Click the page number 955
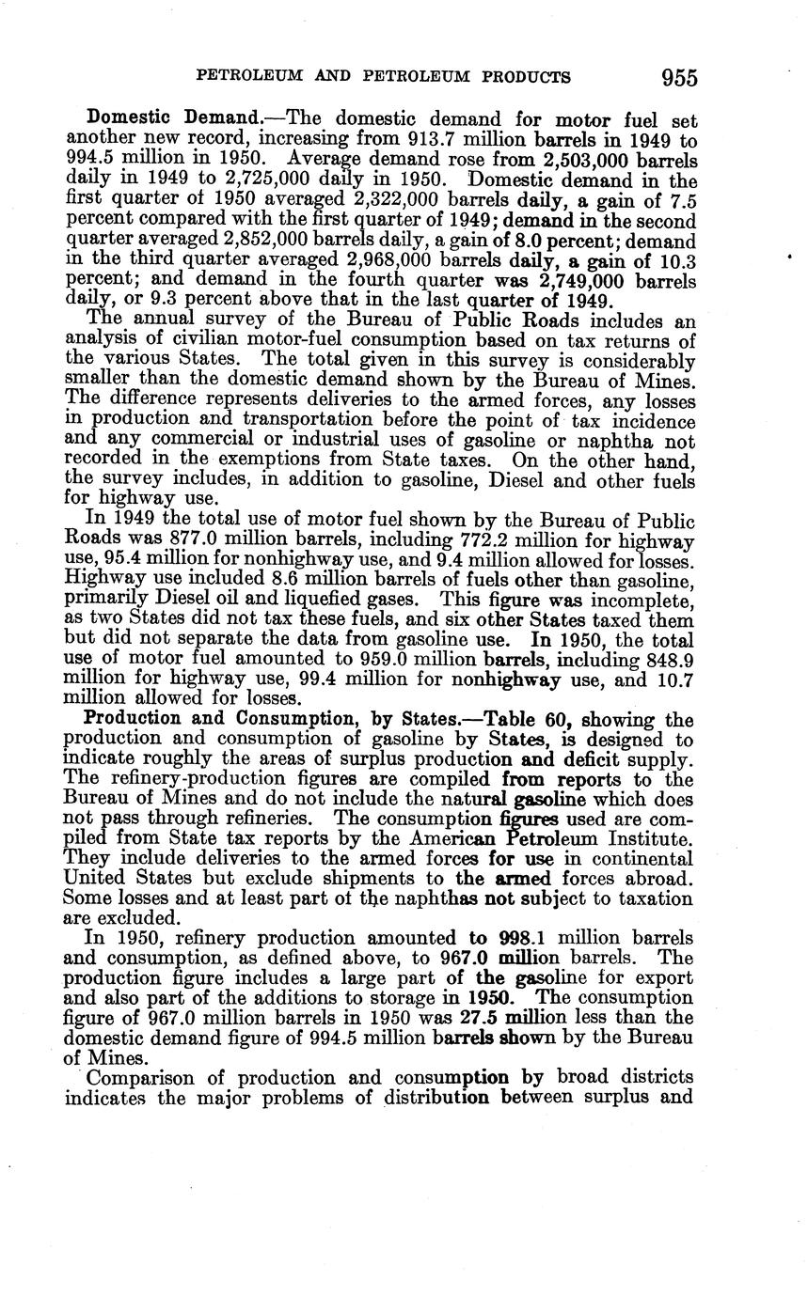pyautogui.click(x=678, y=77)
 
